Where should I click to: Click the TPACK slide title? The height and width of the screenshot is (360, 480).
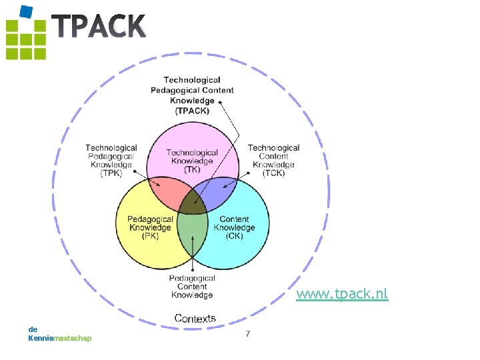[99, 27]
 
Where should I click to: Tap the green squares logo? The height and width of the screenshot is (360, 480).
[26, 39]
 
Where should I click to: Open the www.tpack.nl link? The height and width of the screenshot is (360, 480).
[342, 294]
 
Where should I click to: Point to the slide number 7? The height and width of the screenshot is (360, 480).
[248, 333]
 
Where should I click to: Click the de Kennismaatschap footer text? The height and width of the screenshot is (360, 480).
[59, 333]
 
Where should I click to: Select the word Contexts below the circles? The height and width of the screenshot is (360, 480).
[195, 319]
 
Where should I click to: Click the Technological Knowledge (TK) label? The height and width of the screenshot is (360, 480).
[192, 161]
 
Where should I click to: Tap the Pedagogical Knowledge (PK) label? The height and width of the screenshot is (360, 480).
[150, 227]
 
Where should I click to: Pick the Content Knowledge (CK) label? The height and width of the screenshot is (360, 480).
[234, 227]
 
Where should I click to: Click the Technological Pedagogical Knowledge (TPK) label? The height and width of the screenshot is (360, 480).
[111, 161]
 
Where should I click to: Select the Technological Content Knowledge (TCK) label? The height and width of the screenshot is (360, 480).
[273, 161]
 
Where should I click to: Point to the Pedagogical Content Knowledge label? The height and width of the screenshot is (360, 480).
[192, 287]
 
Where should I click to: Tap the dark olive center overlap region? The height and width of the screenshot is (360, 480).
[193, 203]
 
